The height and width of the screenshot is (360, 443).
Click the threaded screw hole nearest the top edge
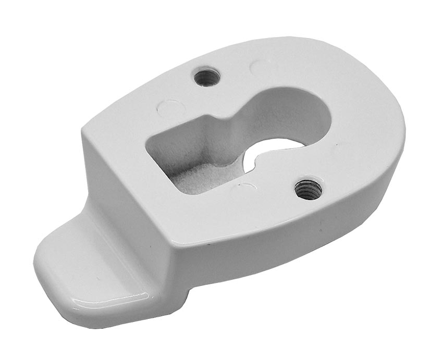(207, 78)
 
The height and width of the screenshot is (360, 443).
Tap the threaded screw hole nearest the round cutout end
(308, 189)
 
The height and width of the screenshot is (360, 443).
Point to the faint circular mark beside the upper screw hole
(260, 67)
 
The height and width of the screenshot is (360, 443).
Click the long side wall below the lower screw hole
(313, 224)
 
